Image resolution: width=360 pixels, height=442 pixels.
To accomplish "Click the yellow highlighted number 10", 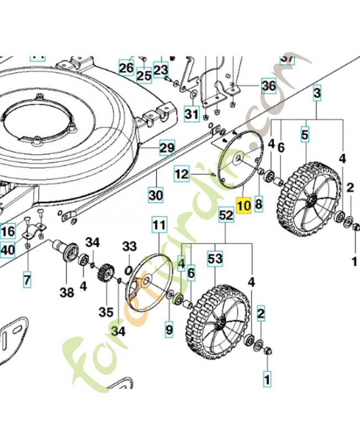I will [x=243, y=206].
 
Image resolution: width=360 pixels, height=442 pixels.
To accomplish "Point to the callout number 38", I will [x=67, y=293].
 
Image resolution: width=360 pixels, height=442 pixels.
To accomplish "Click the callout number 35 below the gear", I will [x=106, y=312].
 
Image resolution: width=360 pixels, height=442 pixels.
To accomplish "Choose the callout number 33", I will [x=129, y=245].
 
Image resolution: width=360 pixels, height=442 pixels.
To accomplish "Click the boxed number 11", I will [x=159, y=225].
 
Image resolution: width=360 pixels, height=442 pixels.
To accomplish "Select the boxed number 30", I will [x=156, y=194].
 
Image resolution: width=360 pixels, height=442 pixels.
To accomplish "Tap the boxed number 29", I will [x=167, y=148].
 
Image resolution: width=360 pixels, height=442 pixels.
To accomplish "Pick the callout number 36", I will [x=268, y=86].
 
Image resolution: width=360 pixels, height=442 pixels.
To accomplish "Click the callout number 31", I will [x=191, y=115].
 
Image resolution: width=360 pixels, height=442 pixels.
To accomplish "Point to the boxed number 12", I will [x=182, y=175].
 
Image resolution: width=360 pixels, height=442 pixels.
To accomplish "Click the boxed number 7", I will [x=27, y=280].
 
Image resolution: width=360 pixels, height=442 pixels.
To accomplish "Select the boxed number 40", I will [x=7, y=250].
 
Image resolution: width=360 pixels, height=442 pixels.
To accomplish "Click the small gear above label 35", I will [x=104, y=273].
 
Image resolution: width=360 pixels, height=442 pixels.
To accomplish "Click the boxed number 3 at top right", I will [x=317, y=93].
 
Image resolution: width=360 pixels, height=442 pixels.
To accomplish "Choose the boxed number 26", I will [x=126, y=69].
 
